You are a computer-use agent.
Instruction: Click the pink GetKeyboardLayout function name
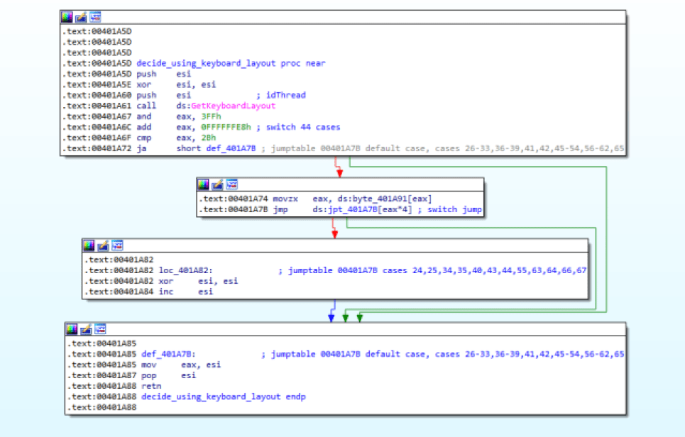click(234, 106)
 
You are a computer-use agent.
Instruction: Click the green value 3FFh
click(211, 116)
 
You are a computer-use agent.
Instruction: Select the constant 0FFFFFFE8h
click(226, 127)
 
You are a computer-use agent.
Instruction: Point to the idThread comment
click(285, 95)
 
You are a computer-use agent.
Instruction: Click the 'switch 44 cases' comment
click(303, 127)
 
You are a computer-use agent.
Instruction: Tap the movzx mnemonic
click(285, 199)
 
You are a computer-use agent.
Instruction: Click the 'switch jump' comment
click(454, 209)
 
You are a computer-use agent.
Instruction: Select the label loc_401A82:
click(186, 270)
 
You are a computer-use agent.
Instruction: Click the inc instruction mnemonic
click(166, 292)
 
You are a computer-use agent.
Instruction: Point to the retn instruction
click(151, 386)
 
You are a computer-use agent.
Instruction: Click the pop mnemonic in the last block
click(148, 375)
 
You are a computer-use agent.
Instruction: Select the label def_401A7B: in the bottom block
click(169, 354)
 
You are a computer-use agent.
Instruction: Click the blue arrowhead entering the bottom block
click(331, 319)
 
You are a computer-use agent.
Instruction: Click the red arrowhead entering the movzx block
click(339, 173)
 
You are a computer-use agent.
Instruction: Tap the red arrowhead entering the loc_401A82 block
click(334, 234)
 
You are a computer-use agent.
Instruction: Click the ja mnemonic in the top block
click(141, 148)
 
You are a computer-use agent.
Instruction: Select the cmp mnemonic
click(143, 138)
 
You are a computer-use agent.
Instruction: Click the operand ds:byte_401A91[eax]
click(372, 199)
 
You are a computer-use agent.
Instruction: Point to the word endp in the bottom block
click(296, 397)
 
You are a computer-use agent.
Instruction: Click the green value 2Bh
click(209, 138)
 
